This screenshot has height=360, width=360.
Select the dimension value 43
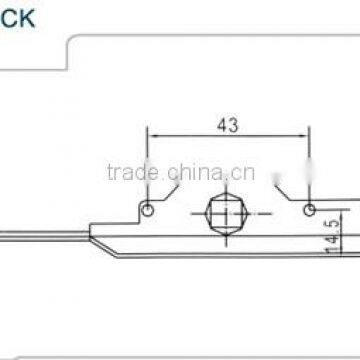click(x=228, y=125)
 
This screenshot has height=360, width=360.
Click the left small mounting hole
click(x=148, y=210)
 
